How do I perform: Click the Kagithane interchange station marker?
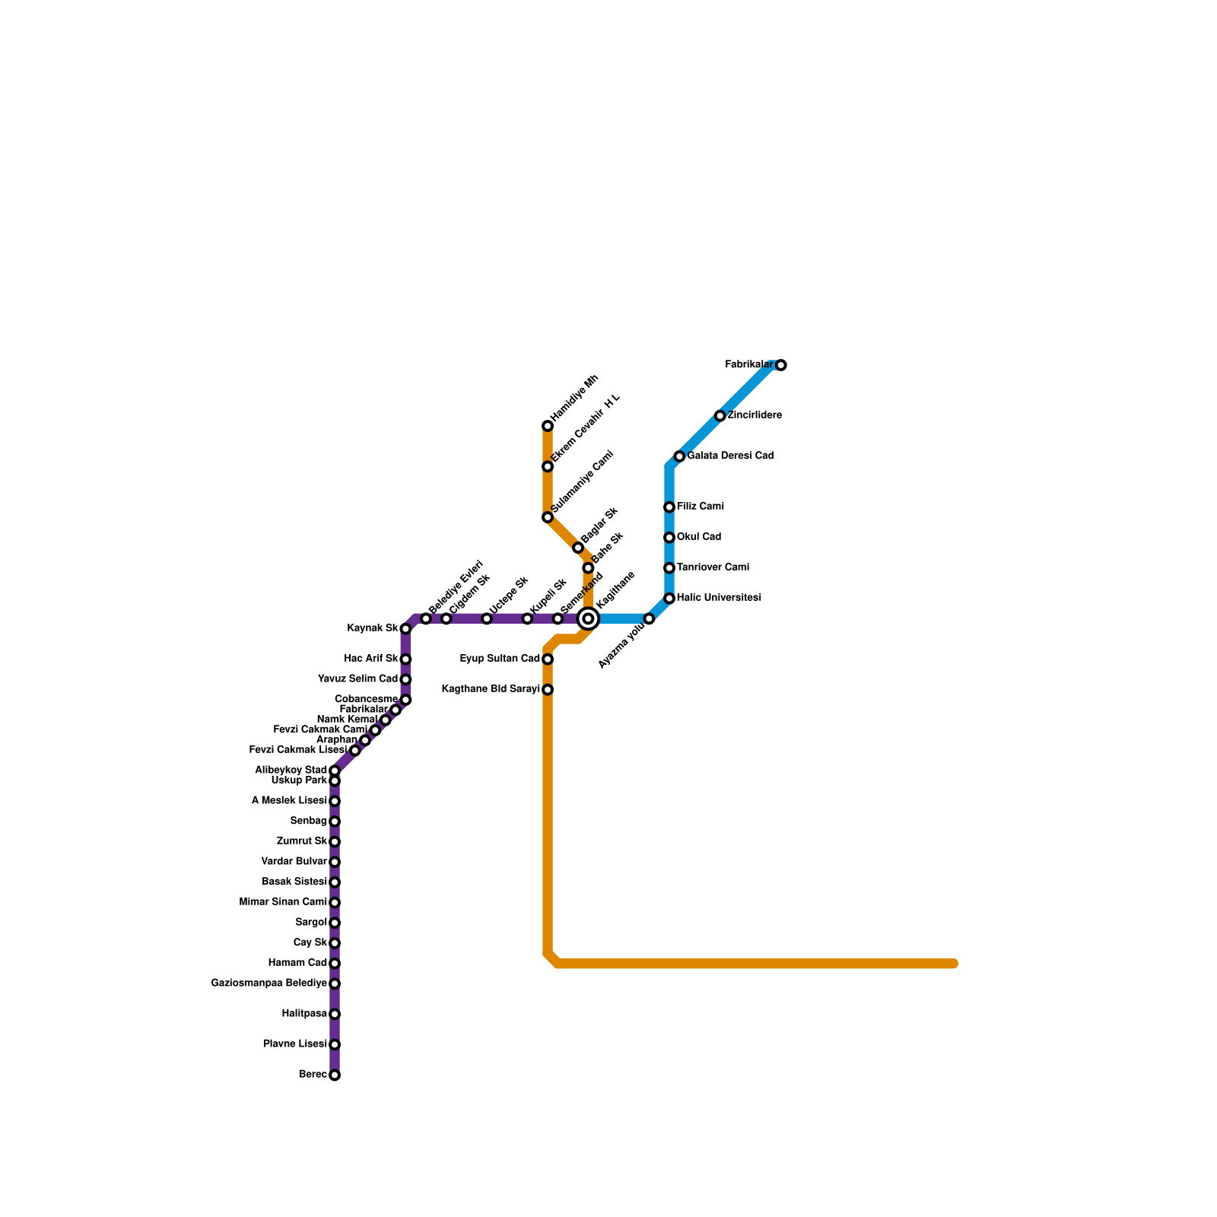[588, 618]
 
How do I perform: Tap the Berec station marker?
[335, 1075]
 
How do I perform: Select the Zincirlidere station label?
[755, 415]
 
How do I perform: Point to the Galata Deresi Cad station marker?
[679, 456]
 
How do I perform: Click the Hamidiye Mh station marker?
[548, 426]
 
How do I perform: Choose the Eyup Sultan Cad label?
[500, 658]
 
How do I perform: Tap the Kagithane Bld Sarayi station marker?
[548, 690]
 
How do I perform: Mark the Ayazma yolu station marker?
[649, 618]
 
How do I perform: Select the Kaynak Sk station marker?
[405, 629]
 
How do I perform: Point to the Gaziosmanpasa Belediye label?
[269, 983]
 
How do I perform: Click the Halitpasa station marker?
[335, 1014]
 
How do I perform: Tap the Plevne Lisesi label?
[295, 1044]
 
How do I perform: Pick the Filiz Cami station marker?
[669, 507]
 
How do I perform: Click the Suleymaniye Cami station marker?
[548, 517]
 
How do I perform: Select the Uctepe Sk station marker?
[487, 618]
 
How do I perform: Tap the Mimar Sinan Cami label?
[282, 902]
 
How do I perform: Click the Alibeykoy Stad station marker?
[335, 771]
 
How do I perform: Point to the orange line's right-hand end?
[954, 964]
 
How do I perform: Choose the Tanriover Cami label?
[713, 567]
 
